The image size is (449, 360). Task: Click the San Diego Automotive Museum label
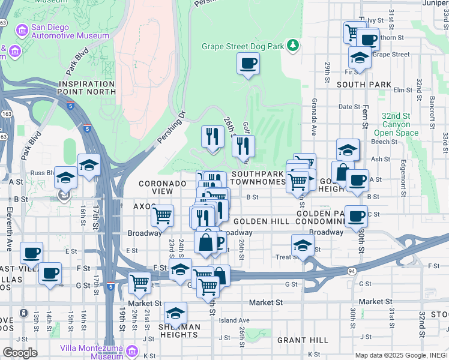tap(62, 31)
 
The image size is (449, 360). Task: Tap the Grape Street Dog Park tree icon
tap(293, 45)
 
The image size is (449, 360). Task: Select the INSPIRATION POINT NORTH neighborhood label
tap(86, 87)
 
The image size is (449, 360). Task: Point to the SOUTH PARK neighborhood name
tap(364, 85)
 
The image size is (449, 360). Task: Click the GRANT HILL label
tap(303, 340)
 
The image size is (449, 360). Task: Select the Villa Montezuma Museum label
tap(91, 352)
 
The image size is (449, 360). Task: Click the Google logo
tap(20, 353)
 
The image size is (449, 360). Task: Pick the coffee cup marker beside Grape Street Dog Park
tap(248, 63)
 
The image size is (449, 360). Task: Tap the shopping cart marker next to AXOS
tap(162, 215)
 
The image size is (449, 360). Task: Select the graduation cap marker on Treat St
tap(303, 244)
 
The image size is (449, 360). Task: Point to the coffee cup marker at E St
tap(31, 252)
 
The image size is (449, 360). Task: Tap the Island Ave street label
tap(234, 320)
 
